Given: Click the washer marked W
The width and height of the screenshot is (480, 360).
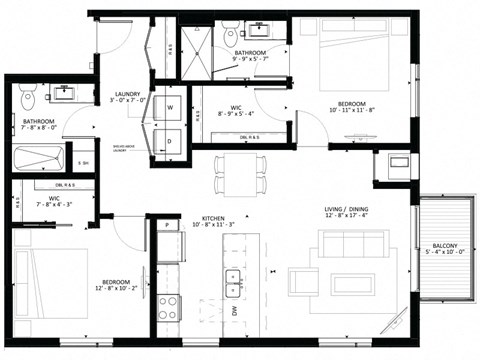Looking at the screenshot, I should [170, 106].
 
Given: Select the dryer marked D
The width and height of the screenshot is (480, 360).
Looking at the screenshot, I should [170, 140].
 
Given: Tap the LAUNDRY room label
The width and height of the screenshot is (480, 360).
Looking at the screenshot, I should [127, 92].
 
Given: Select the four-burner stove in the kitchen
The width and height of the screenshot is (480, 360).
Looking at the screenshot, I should [167, 304].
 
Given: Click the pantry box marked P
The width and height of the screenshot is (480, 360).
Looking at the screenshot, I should [166, 226].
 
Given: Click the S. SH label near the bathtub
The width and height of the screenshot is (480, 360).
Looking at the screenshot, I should [83, 163].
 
